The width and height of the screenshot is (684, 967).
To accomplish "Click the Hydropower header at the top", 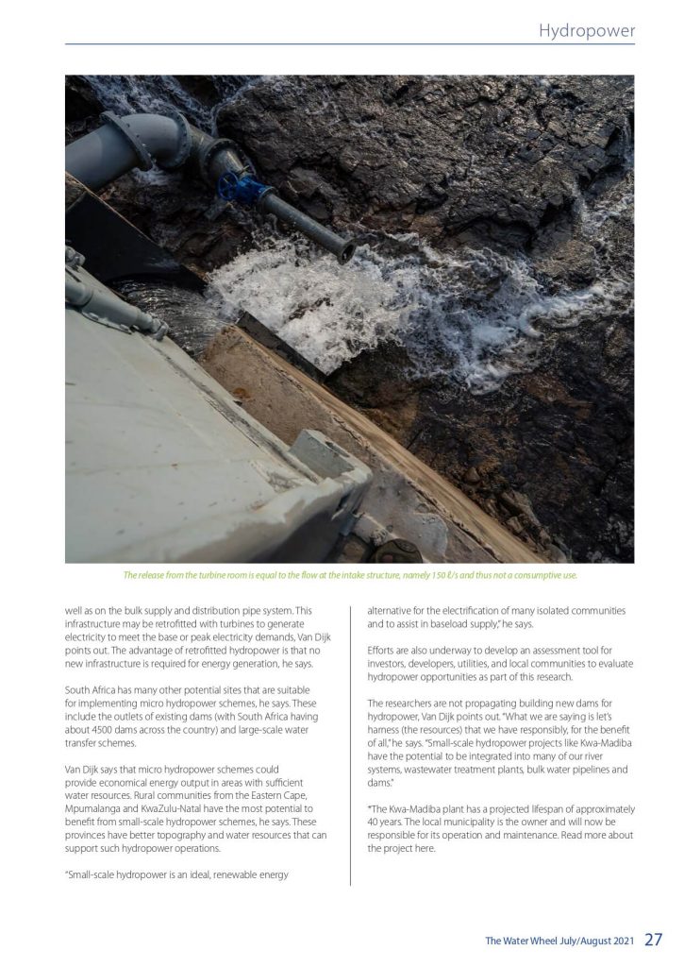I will coord(586,31).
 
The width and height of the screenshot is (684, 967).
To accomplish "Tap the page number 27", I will coord(654,940).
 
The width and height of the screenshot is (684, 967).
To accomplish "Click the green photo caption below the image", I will coord(350,575).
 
